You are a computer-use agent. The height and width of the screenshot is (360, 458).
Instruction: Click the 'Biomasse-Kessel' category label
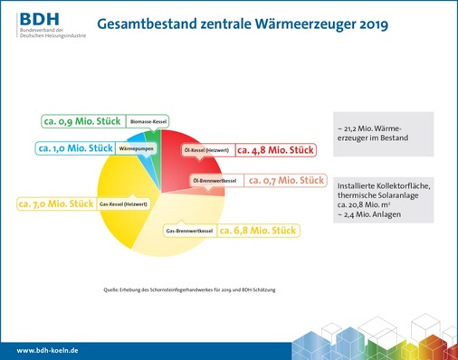[148, 121]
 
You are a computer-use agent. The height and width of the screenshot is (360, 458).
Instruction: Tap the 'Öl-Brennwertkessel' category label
[215, 181]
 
